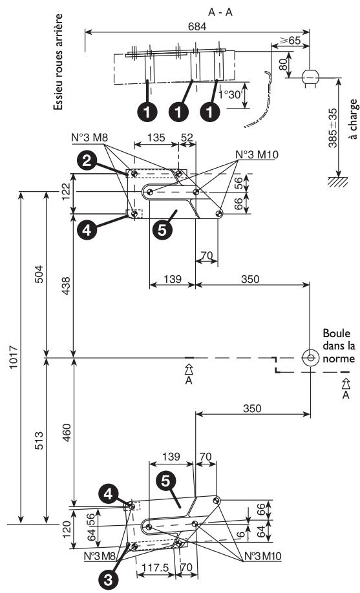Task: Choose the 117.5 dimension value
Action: (x=151, y=564)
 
